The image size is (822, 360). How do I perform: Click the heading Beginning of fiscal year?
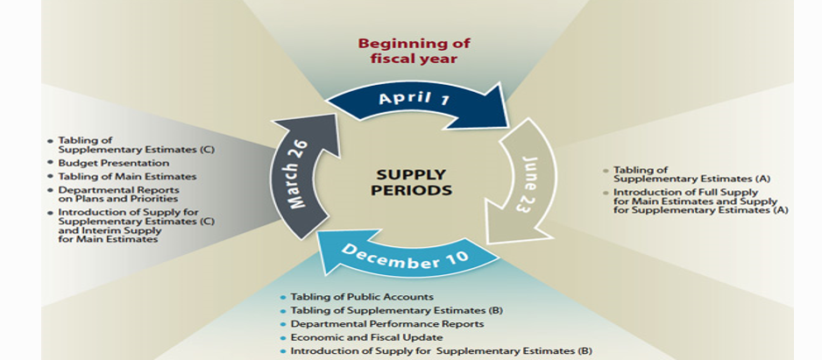pyautogui.click(x=412, y=51)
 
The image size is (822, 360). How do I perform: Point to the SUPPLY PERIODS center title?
pyautogui.click(x=411, y=181)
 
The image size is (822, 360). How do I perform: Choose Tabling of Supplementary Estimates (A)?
pyautogui.click(x=677, y=174)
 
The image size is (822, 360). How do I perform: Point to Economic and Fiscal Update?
pyautogui.click(x=367, y=337)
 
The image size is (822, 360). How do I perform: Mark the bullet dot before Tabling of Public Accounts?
pyautogui.click(x=282, y=298)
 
